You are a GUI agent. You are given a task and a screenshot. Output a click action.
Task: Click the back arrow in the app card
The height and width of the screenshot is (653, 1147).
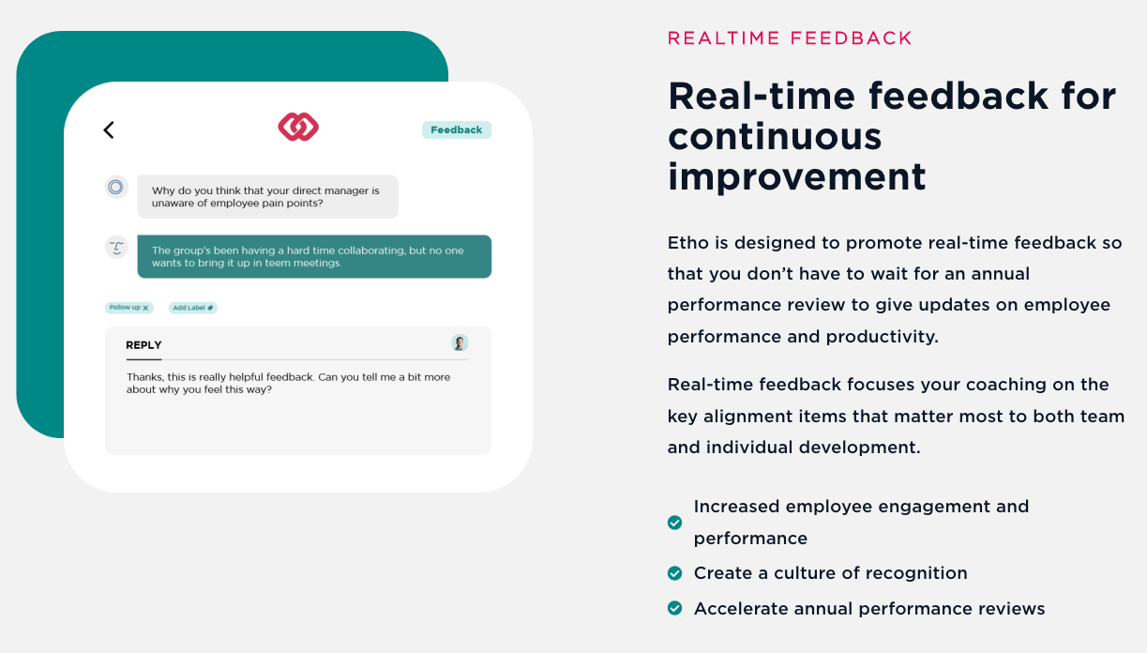tap(109, 130)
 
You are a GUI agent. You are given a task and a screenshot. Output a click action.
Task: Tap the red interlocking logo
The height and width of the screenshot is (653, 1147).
tap(298, 127)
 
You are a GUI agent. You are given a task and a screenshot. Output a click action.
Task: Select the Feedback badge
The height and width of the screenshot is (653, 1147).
tap(456, 130)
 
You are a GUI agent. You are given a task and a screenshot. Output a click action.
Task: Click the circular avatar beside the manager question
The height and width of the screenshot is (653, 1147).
tap(116, 187)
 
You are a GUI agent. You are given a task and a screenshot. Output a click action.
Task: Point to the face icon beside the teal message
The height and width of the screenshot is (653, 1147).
tap(116, 248)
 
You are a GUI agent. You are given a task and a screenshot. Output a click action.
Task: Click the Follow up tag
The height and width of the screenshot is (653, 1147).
tap(129, 308)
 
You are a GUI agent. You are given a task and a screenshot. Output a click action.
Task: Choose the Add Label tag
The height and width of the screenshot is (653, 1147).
tap(193, 308)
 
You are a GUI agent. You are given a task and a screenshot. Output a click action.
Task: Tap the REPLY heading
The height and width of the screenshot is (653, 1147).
tap(143, 345)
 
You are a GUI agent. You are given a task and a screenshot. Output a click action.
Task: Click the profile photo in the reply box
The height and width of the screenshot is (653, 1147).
tap(460, 342)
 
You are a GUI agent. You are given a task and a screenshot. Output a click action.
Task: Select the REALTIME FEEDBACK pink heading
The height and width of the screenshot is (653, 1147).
tap(790, 38)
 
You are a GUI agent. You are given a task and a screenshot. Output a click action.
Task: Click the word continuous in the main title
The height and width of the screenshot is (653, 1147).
tap(775, 136)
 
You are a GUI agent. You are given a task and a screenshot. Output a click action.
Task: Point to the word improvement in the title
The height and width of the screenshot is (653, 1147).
tap(797, 177)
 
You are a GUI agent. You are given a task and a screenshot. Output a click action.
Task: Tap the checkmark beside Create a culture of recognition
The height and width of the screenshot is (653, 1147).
tap(675, 573)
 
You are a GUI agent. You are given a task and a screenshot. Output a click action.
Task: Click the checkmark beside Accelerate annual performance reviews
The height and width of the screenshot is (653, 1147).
tap(675, 608)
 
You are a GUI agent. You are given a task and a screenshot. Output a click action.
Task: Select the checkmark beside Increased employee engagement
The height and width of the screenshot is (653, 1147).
tap(675, 523)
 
